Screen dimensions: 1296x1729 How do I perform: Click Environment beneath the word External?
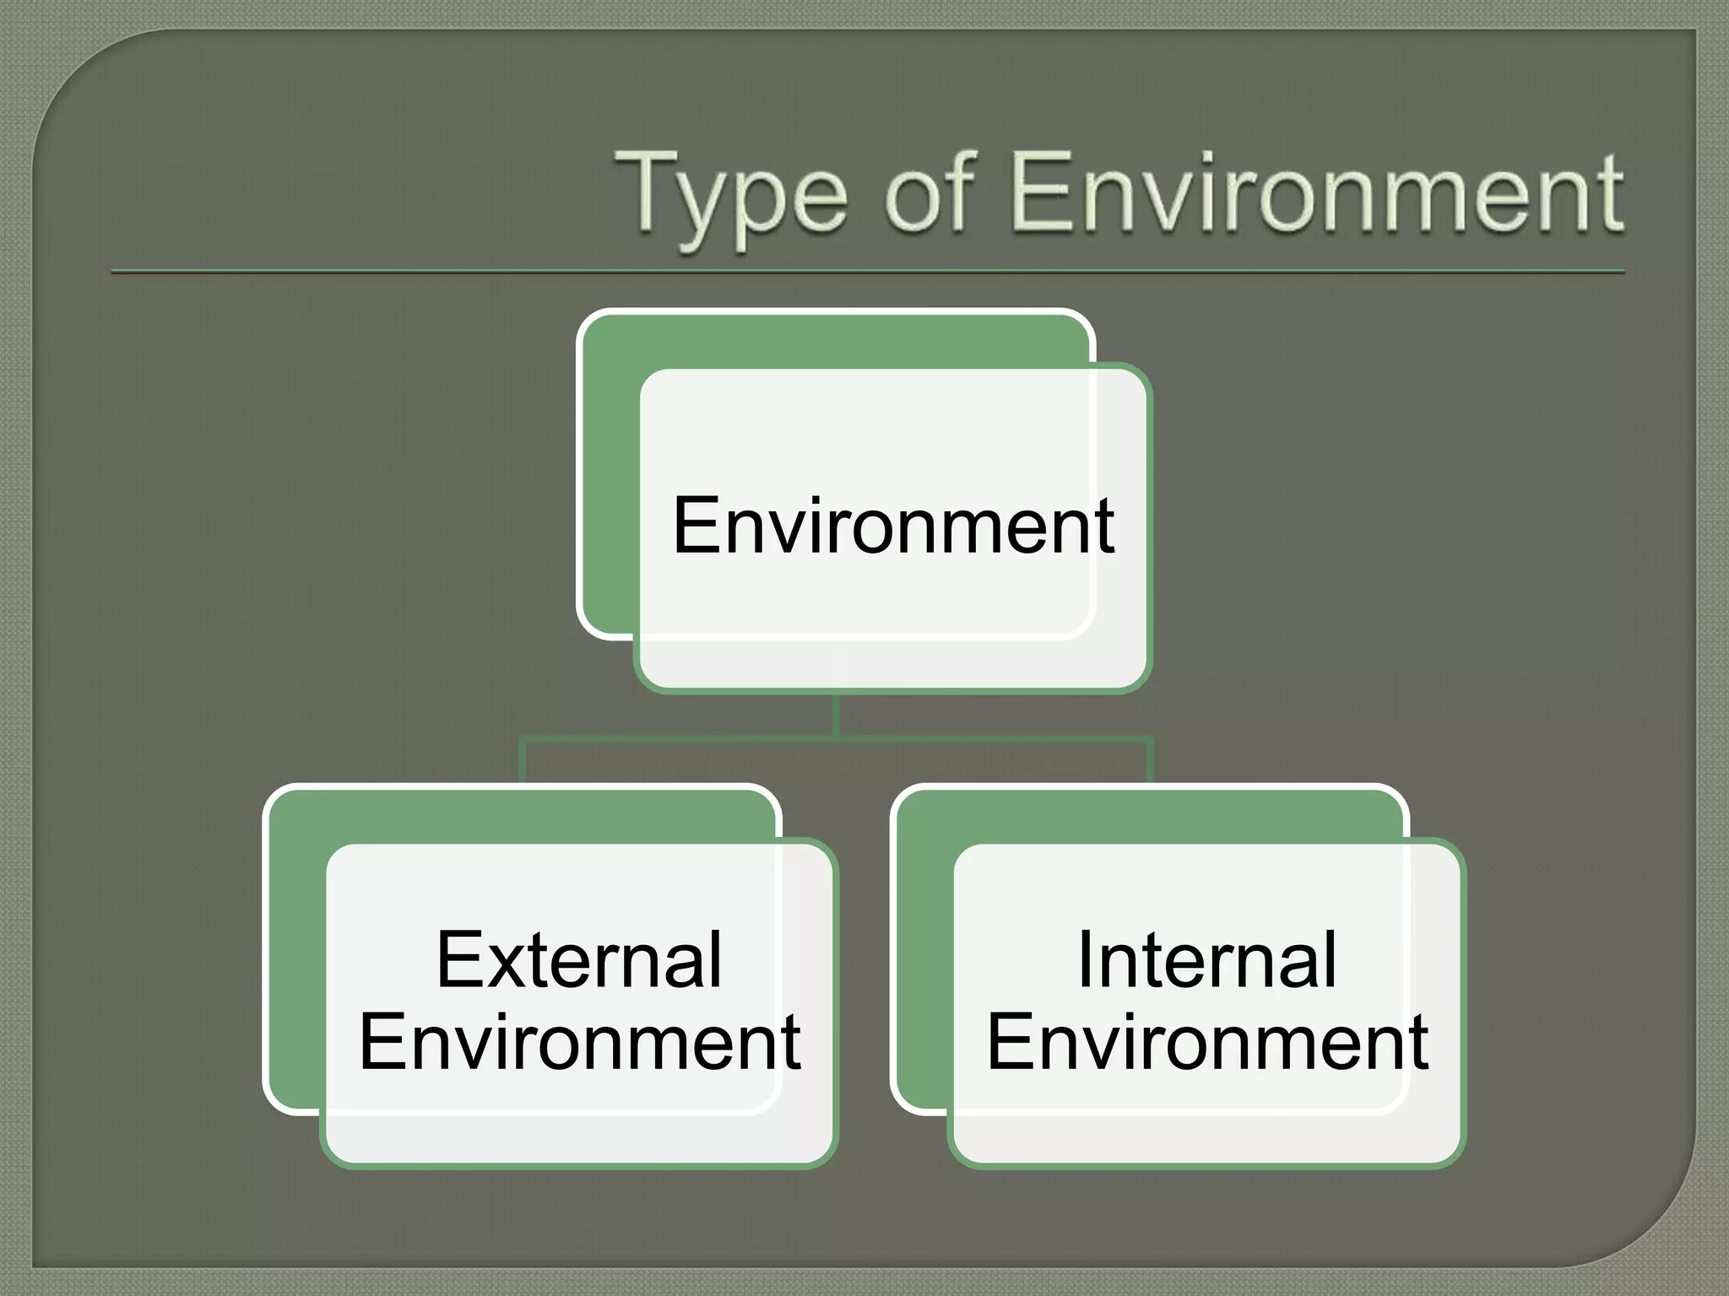[x=580, y=1042]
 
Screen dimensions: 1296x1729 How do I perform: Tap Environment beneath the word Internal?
[x=1207, y=1042]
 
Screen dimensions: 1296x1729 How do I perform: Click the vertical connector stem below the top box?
[x=836, y=715]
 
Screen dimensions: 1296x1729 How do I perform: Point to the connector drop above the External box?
[x=523, y=761]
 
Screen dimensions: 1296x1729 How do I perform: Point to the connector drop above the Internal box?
[x=1150, y=761]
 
